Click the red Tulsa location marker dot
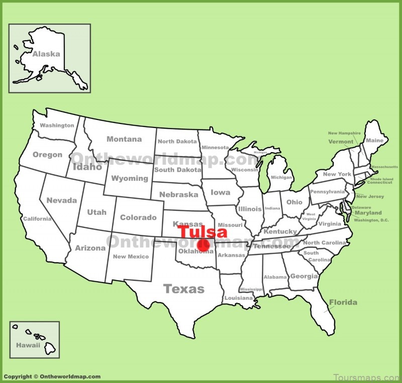[203, 245]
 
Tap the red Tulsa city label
[203, 232]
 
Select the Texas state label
[184, 289]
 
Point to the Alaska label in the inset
[46, 54]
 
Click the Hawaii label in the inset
[28, 345]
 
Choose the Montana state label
[124, 139]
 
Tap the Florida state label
[343, 302]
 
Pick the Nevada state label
[62, 200]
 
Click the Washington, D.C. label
[371, 220]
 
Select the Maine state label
[374, 141]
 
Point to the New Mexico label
[131, 257]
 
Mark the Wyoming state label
[130, 178]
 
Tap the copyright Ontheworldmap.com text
[52, 376]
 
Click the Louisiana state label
[239, 298]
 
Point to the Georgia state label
[304, 276]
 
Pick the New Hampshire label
[344, 134]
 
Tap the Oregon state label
[48, 155]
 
